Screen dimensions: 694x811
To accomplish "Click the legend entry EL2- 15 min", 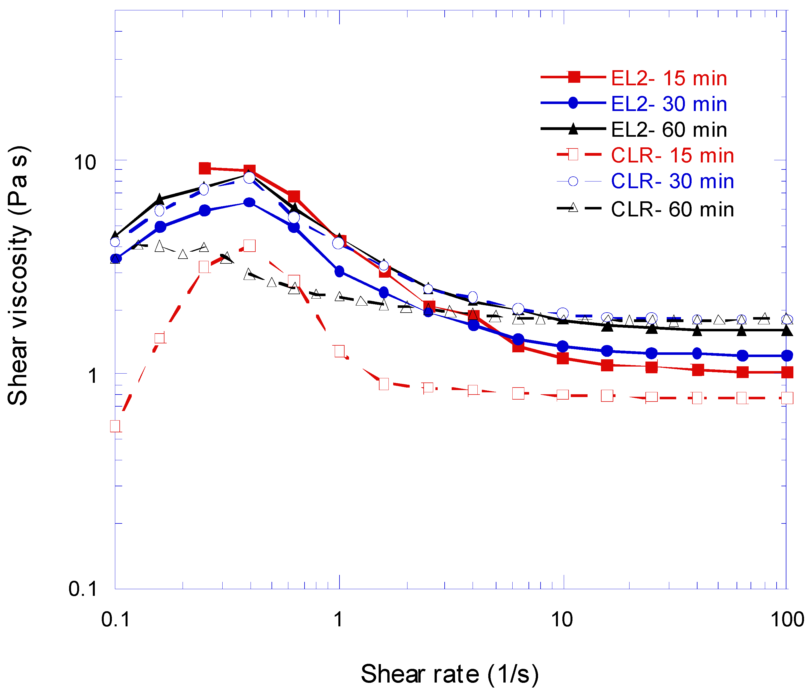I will (669, 78).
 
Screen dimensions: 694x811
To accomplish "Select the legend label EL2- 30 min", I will (669, 104).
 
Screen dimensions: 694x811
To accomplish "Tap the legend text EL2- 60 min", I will (669, 130).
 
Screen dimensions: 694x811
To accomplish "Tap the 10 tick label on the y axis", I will (85, 162).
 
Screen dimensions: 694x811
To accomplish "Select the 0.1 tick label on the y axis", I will (82, 588).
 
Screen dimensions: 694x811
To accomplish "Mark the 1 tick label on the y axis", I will (92, 376).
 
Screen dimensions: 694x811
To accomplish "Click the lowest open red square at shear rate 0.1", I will (115, 426).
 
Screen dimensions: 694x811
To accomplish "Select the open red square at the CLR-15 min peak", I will (249, 246).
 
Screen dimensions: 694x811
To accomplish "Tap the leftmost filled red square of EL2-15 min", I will (205, 168).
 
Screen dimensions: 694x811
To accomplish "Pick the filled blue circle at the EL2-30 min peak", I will (249, 202).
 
